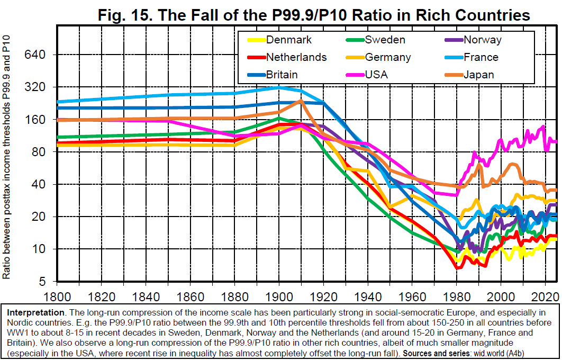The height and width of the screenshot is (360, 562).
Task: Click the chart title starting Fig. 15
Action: coord(314,15)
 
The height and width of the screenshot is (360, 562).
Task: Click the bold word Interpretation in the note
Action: coord(32,312)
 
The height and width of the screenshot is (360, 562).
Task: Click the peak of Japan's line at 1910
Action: coord(300,101)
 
